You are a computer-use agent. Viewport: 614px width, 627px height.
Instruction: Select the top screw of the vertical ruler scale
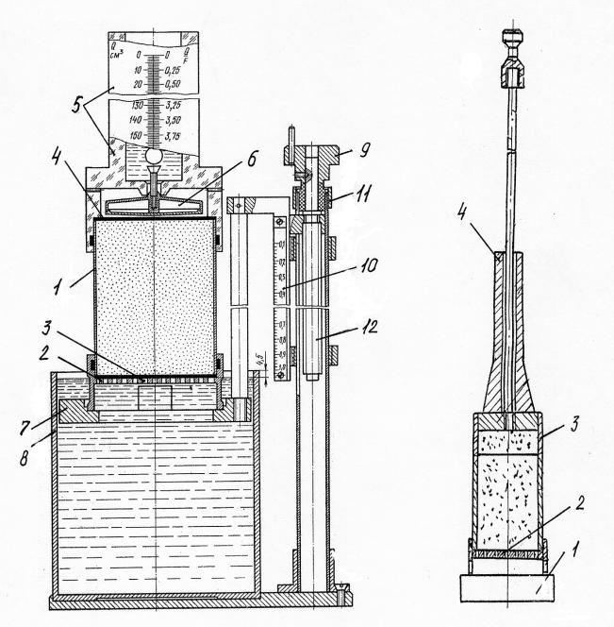click(x=280, y=223)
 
